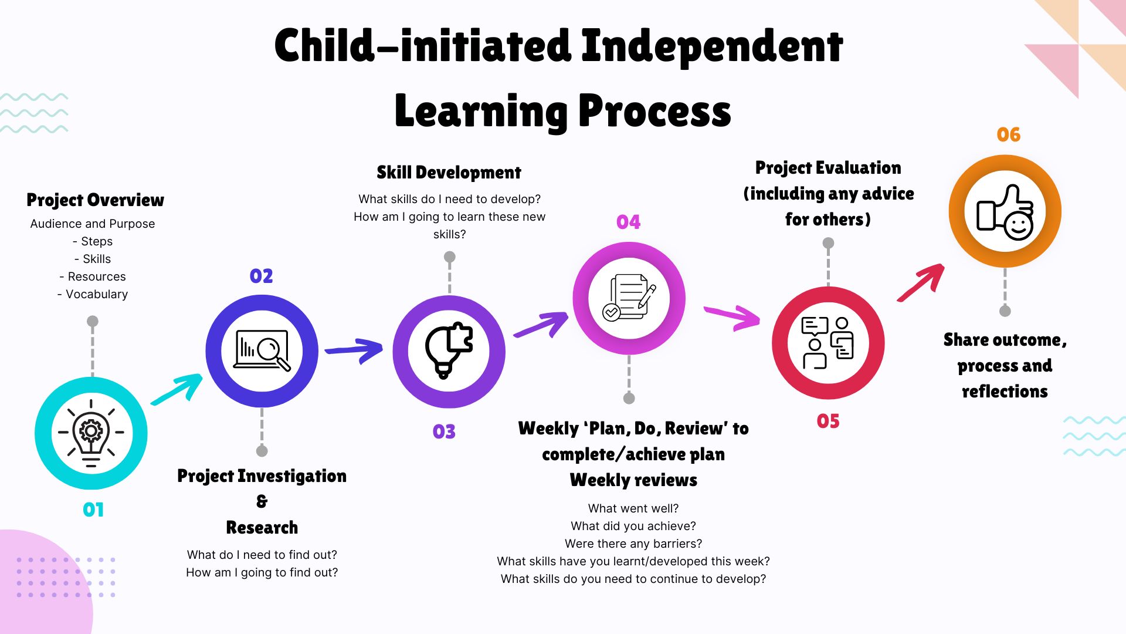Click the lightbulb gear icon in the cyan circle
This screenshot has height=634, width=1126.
click(x=91, y=433)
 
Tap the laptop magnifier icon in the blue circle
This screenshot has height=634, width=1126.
click(x=262, y=350)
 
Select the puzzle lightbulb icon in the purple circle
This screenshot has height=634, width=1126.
click(x=449, y=350)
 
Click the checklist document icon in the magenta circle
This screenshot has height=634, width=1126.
click(x=629, y=298)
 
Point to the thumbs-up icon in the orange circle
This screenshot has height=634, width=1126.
click(x=1005, y=212)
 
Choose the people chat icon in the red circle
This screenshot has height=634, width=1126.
click(x=827, y=343)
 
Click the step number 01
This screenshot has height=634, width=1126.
click(x=93, y=510)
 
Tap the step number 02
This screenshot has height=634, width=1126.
click(x=261, y=276)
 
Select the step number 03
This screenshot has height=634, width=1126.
click(x=444, y=432)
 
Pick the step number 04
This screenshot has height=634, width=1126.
click(x=628, y=222)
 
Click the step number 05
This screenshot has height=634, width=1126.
click(x=828, y=421)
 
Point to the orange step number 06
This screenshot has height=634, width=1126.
click(x=1009, y=134)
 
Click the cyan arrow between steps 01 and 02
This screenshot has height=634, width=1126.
click(x=177, y=389)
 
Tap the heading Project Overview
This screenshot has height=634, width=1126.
click(x=96, y=200)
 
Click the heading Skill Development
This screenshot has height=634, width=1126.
click(x=449, y=173)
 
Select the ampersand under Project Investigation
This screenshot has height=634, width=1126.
click(x=262, y=501)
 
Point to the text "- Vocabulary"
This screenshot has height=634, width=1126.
click(x=93, y=294)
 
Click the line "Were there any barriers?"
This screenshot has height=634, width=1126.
click(x=633, y=544)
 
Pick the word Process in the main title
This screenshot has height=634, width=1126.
click(x=654, y=111)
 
